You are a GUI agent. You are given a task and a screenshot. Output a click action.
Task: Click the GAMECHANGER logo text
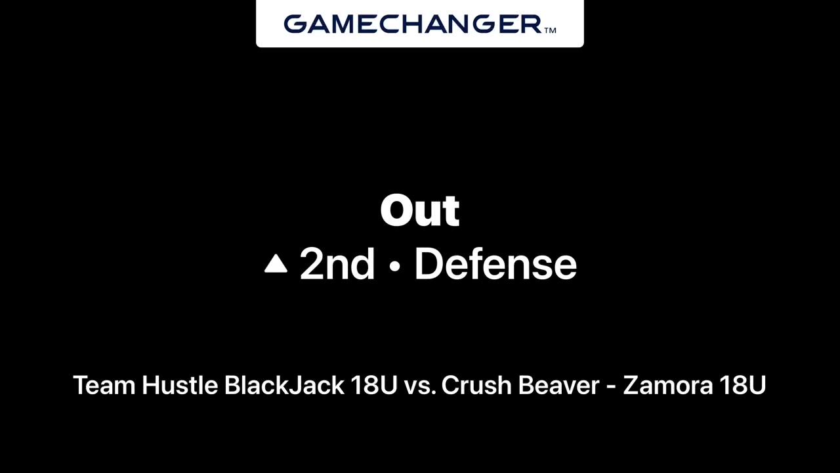(413, 24)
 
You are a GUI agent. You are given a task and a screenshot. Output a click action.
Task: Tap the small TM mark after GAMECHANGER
(550, 30)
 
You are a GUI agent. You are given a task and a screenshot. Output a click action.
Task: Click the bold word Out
(419, 210)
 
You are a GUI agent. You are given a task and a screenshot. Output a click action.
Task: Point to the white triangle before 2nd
(276, 263)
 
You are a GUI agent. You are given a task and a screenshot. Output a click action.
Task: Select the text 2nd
(337, 264)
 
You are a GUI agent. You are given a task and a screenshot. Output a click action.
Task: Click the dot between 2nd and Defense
(394, 266)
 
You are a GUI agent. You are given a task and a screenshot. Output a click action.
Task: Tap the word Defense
(495, 264)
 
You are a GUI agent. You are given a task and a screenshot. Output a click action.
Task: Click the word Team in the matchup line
(104, 385)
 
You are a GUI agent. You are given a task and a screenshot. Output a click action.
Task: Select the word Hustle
(180, 385)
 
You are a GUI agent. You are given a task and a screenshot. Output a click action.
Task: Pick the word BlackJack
(284, 385)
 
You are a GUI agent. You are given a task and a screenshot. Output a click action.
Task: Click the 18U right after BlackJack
(374, 385)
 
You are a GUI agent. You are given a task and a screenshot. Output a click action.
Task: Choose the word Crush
(476, 385)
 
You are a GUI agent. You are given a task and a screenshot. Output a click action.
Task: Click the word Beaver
(558, 385)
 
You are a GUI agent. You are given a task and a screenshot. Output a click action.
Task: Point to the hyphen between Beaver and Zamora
(611, 388)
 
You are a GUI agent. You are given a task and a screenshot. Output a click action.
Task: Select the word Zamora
(667, 385)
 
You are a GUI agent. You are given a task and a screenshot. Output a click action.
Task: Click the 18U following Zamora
(742, 385)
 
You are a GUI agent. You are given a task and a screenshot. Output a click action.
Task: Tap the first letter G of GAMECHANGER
(295, 24)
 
